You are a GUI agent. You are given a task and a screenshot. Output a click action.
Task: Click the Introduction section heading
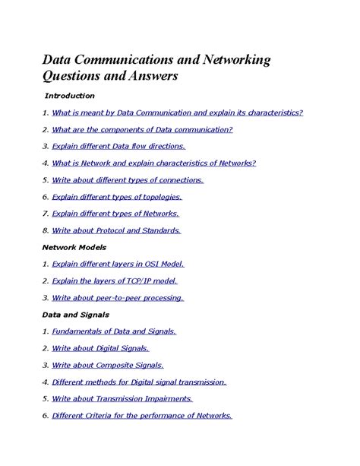[x=69, y=96]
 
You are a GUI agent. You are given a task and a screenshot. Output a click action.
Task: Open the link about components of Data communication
[x=142, y=129]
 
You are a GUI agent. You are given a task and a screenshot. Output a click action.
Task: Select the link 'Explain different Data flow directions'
[x=118, y=146]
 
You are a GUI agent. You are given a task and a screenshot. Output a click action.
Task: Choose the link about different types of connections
[x=128, y=180]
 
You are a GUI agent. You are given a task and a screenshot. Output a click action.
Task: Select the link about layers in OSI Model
[x=118, y=264]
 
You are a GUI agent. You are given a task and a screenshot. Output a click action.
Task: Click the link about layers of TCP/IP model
[x=114, y=281]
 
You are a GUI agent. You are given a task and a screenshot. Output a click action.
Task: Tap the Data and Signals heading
[x=75, y=314]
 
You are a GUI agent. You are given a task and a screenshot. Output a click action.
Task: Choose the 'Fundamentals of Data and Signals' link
[x=114, y=331]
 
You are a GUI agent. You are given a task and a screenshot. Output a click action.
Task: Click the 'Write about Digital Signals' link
[x=100, y=348]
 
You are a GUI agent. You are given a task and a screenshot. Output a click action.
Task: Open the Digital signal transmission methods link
[x=139, y=382]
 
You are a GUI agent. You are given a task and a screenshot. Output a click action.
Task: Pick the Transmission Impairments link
[x=122, y=398]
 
